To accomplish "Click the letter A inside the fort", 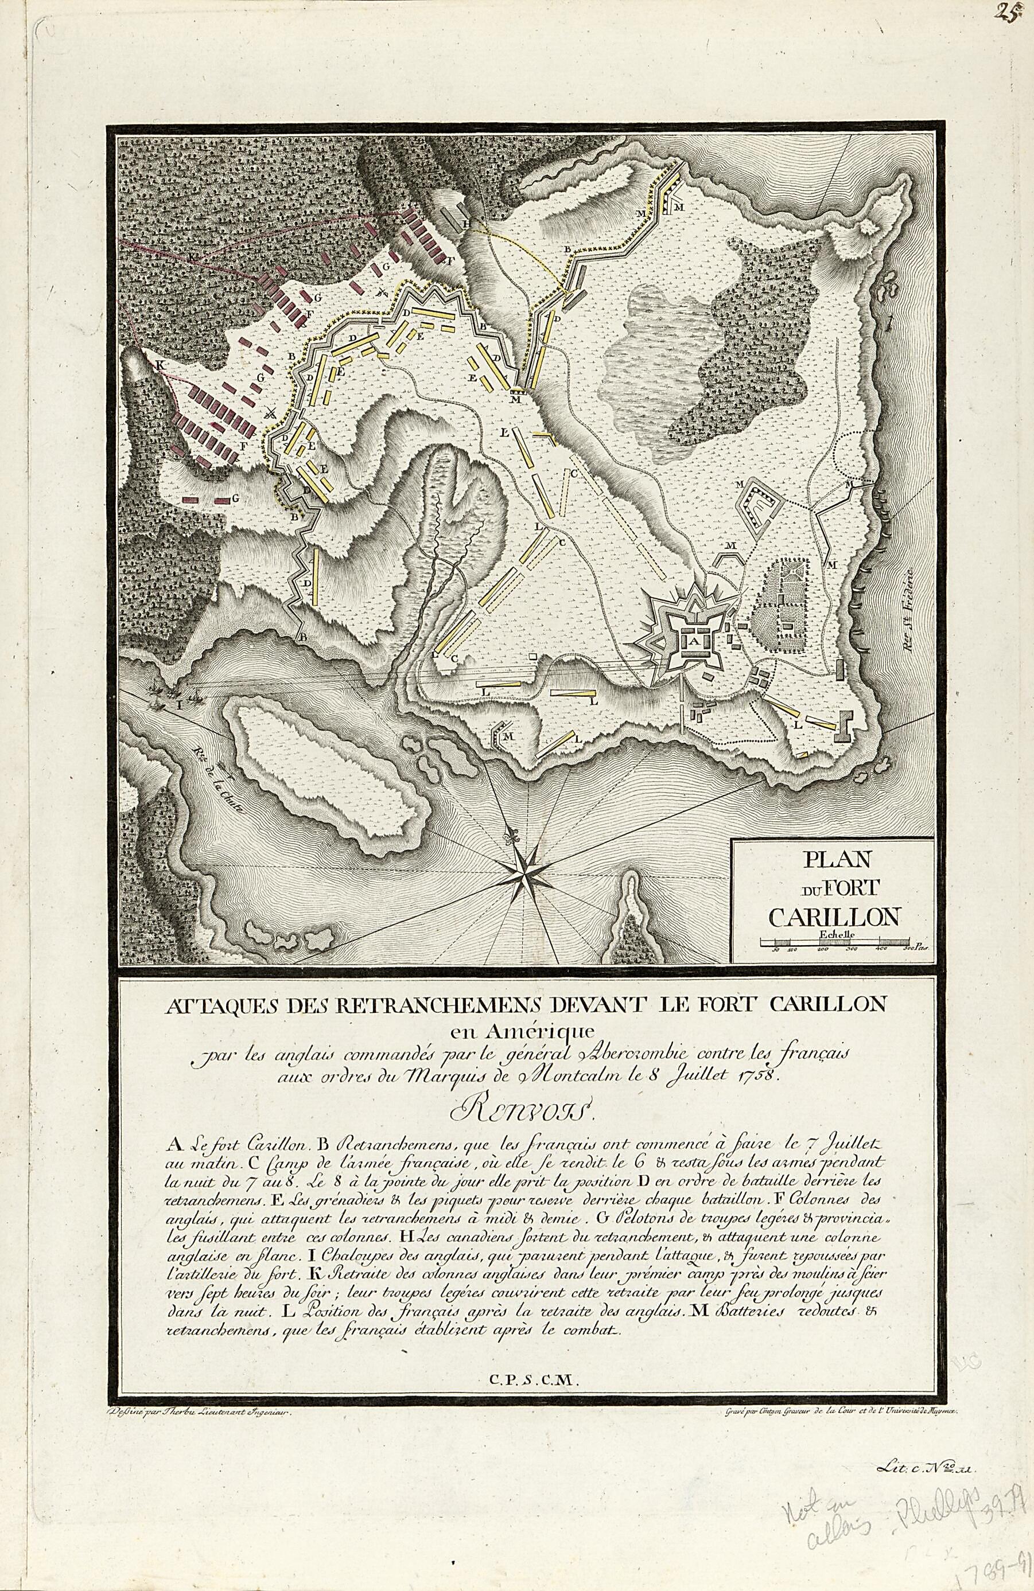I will [692, 639].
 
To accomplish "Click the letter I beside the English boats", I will [178, 703].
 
